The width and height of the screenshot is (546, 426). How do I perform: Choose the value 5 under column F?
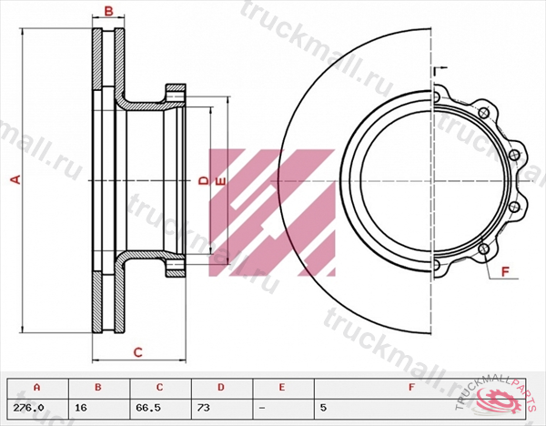[324, 407]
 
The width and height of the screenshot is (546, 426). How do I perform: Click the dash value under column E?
[262, 407]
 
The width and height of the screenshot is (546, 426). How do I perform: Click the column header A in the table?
[36, 387]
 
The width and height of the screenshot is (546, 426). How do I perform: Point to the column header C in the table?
[159, 387]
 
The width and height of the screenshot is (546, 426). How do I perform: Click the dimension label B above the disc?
[107, 12]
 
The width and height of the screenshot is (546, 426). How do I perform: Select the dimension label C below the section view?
[137, 351]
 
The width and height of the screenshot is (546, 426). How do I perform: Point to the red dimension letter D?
[203, 181]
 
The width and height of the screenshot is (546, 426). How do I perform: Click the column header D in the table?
[219, 387]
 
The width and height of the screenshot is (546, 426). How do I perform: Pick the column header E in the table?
[281, 387]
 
